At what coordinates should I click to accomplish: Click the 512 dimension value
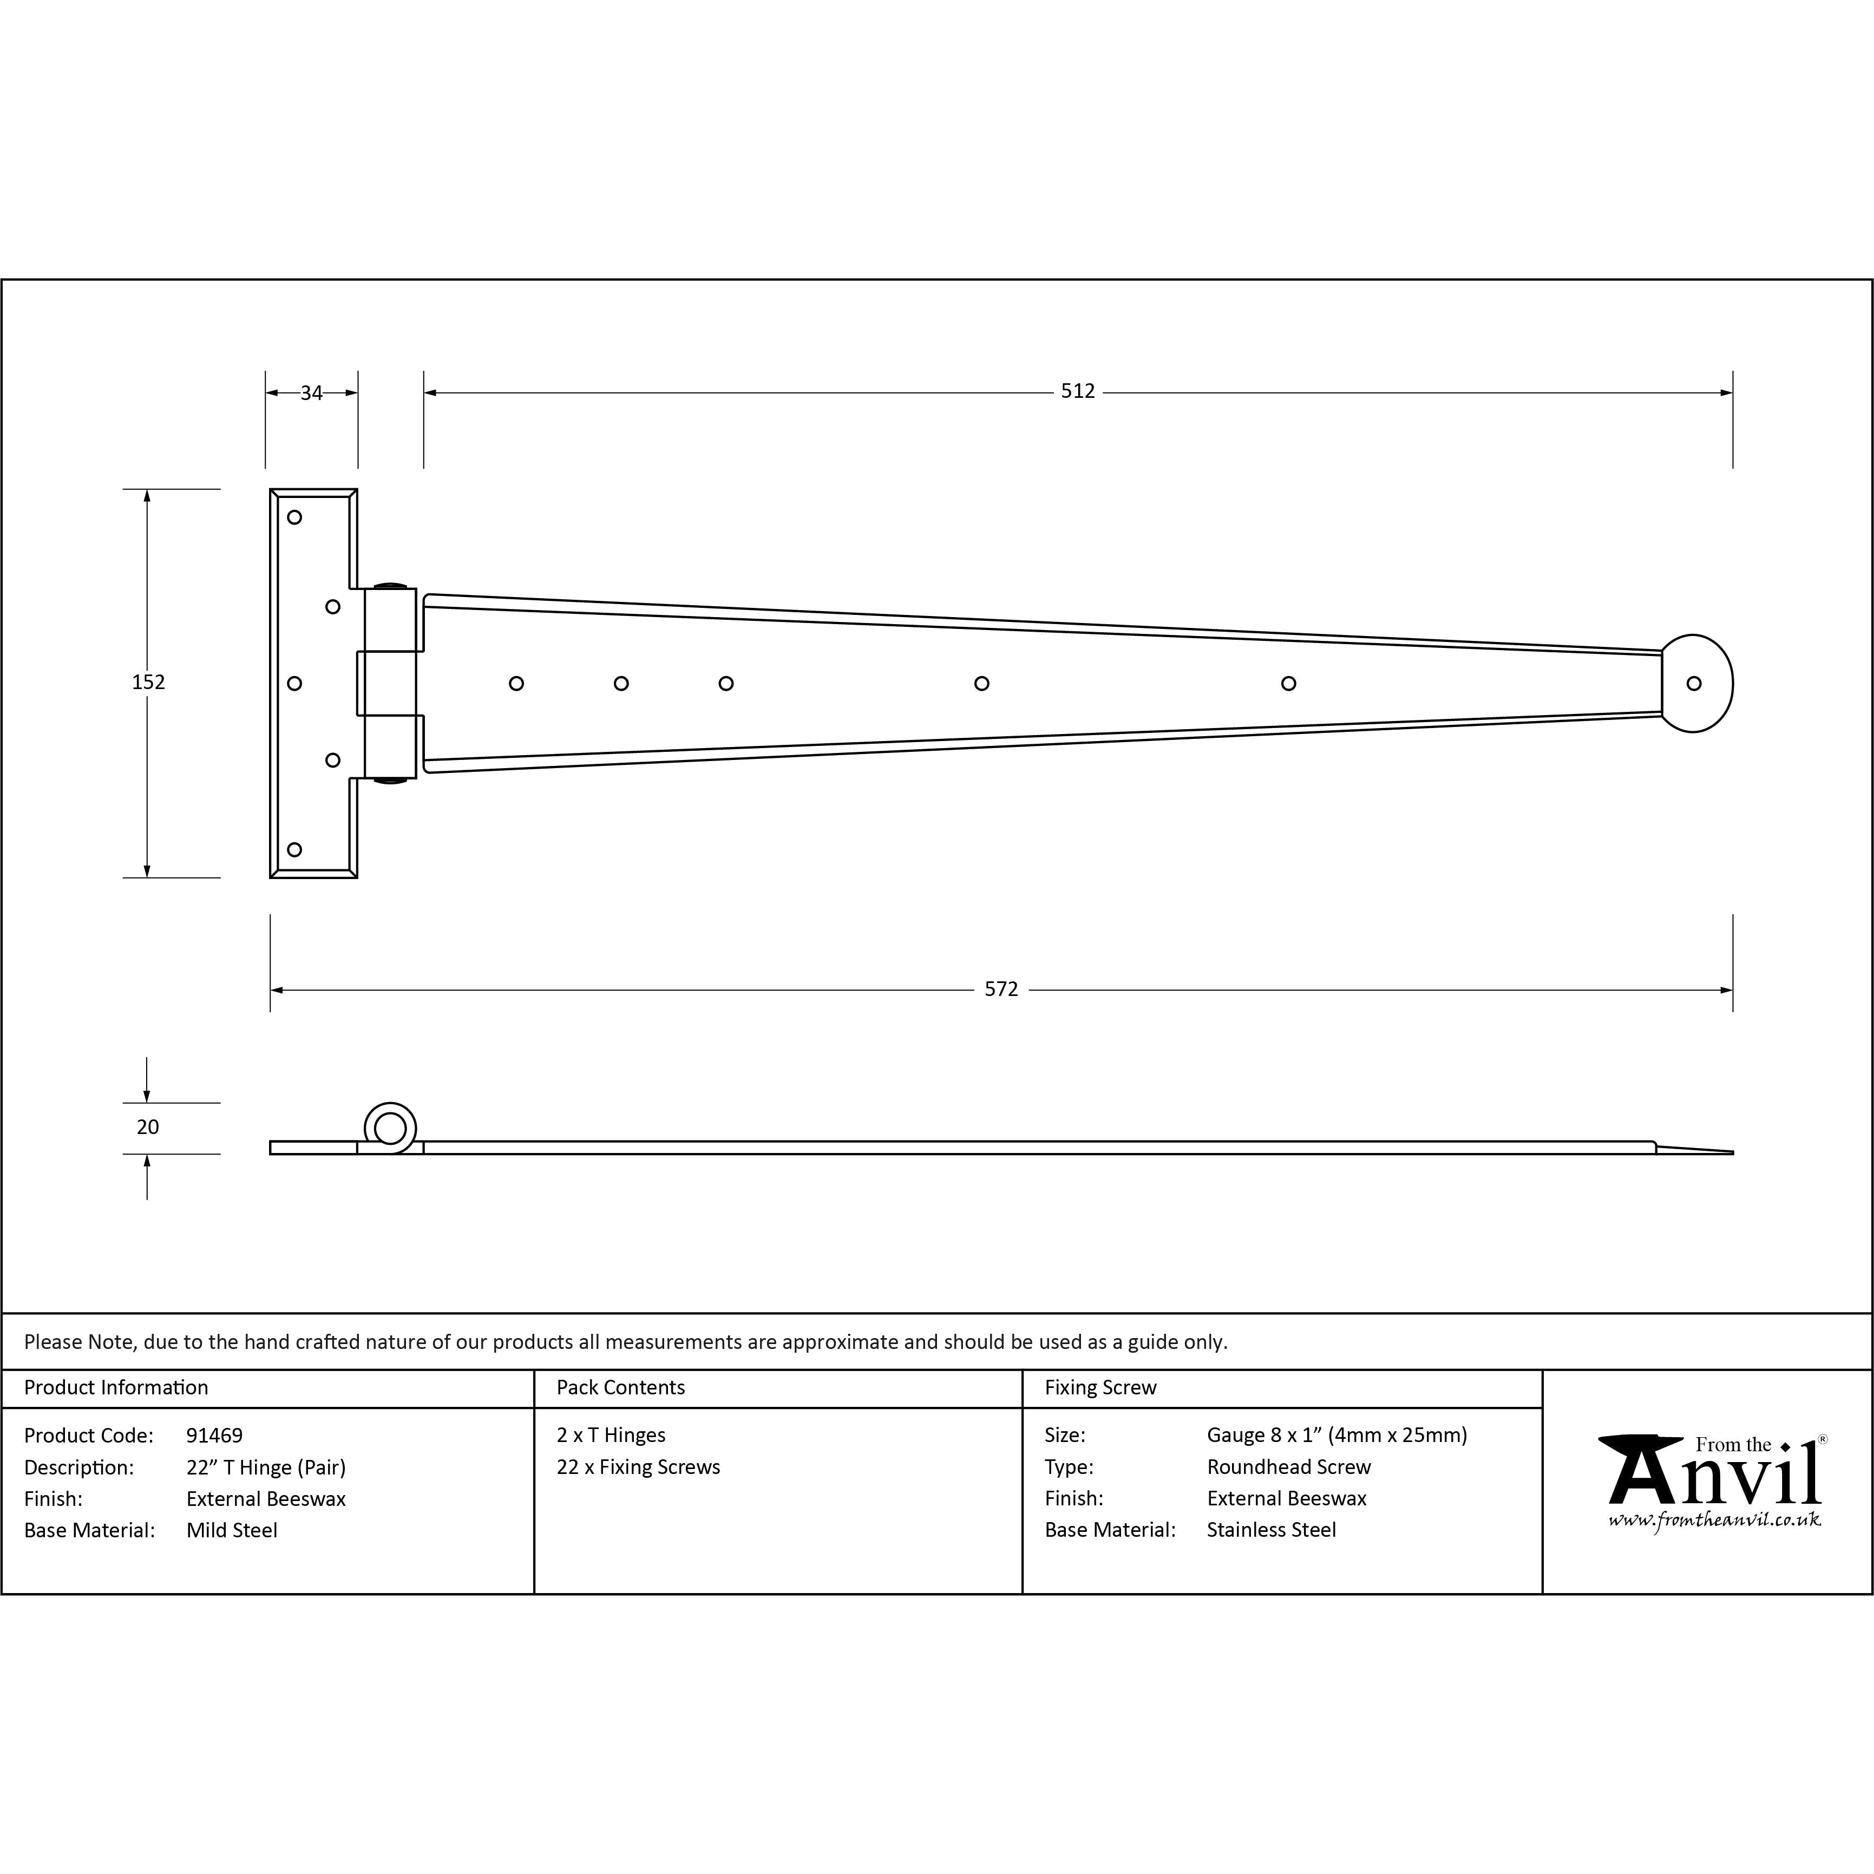tap(1078, 391)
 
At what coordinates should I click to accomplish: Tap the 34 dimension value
tap(311, 393)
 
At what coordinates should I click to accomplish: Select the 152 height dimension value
tap(148, 682)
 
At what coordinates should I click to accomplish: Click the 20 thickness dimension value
tap(147, 1127)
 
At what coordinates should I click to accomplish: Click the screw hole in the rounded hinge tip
tap(1694, 684)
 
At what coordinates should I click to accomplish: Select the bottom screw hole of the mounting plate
tap(295, 850)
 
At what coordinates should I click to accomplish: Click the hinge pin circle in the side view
tap(390, 1128)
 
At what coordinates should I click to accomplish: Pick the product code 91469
tap(214, 1436)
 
